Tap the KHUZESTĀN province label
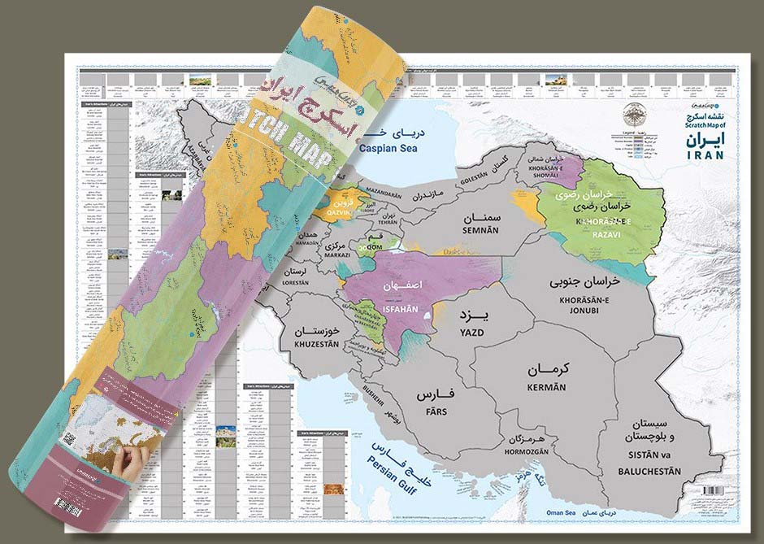pyautogui.click(x=308, y=346)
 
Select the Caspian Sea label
pyautogui.click(x=402, y=151)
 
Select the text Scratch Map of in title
pyautogui.click(x=703, y=126)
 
